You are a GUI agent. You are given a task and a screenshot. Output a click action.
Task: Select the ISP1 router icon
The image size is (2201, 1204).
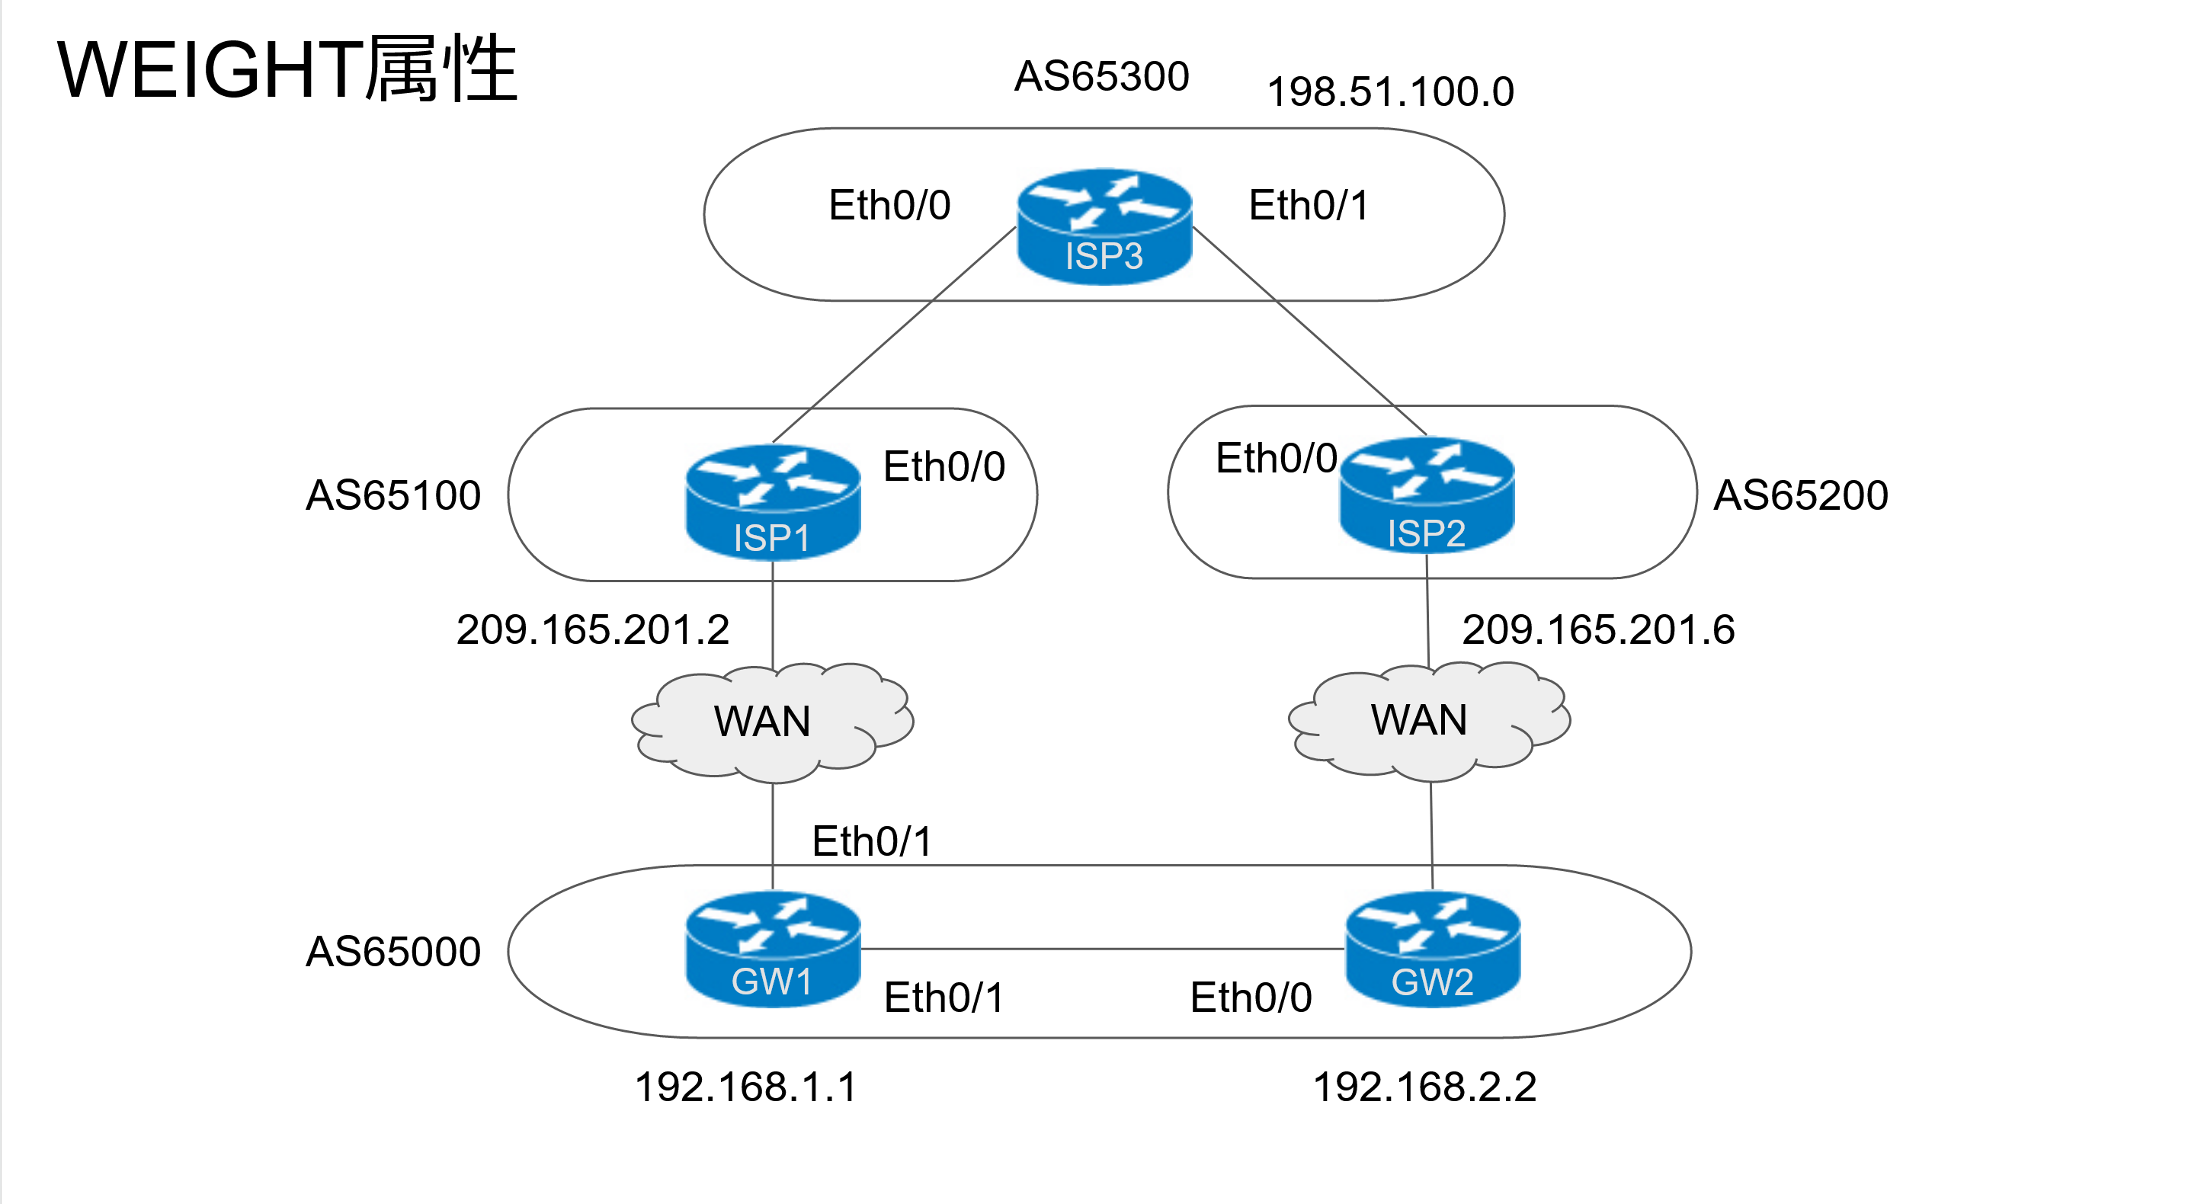(774, 502)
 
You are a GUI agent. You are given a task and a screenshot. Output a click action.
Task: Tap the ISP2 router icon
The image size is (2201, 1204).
(1427, 495)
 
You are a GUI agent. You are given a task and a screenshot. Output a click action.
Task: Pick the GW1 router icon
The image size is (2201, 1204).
(774, 949)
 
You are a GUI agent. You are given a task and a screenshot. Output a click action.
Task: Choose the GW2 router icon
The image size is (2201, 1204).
(1433, 949)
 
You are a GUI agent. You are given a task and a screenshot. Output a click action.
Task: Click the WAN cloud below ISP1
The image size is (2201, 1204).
(772, 723)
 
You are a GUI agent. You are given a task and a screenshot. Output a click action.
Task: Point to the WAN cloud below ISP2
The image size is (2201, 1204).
(1430, 722)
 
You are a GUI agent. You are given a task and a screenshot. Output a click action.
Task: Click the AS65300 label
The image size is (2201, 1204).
(1101, 76)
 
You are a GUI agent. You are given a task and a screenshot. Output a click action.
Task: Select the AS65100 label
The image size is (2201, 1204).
(393, 495)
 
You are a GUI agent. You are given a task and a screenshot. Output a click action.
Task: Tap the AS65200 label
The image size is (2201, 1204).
(1801, 495)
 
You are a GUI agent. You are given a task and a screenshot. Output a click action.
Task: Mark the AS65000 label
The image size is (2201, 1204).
(393, 952)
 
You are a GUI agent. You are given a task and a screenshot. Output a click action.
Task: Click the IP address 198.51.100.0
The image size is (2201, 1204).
(1390, 92)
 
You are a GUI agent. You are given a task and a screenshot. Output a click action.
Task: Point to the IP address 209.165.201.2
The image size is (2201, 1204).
(593, 629)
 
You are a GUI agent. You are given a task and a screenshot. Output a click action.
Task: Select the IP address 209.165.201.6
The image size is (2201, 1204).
(1599, 629)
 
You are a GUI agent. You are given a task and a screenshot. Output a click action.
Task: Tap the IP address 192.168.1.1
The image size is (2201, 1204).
(745, 1087)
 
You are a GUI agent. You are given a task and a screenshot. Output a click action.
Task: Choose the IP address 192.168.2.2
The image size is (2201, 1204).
(1424, 1087)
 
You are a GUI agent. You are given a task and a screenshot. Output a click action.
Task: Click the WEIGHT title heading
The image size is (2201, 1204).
(287, 69)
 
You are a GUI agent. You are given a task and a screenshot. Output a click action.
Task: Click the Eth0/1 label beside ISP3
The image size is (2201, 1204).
(1309, 206)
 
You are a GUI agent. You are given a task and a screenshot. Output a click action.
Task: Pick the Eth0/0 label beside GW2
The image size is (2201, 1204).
(1251, 998)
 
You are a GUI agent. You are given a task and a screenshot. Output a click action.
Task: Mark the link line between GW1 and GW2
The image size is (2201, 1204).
(1103, 949)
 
